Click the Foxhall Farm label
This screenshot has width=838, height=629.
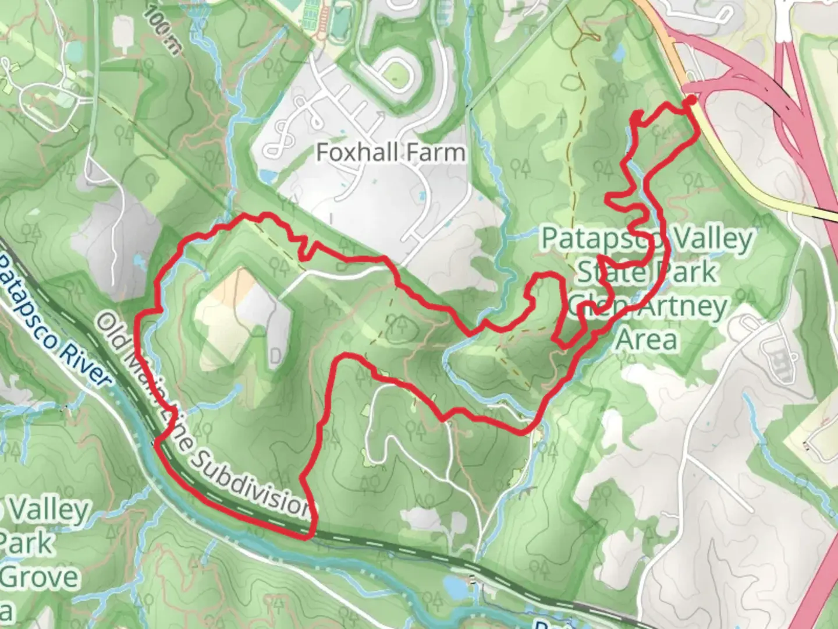[390, 153]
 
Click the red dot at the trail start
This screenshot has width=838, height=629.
[691, 101]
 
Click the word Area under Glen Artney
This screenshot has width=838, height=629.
[647, 340]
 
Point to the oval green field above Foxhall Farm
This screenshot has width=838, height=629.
[398, 72]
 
